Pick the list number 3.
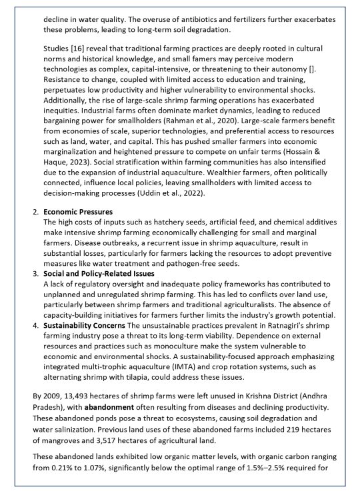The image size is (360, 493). click(35, 274)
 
